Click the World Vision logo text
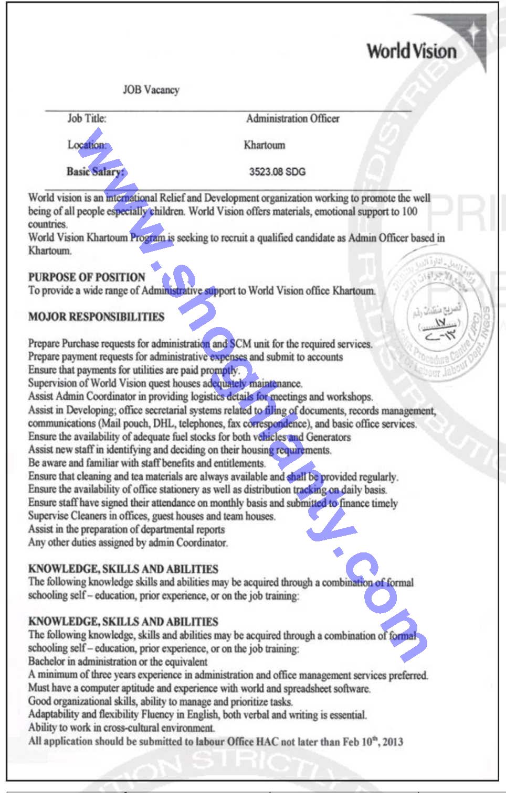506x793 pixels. (412, 51)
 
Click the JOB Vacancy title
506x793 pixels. (151, 90)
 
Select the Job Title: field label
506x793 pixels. (87, 118)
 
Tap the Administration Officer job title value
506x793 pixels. (293, 119)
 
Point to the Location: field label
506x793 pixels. (87, 145)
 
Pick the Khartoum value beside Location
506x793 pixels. (265, 145)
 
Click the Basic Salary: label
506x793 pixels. (96, 171)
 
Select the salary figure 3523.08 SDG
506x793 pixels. (277, 172)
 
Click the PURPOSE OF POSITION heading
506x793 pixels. (87, 277)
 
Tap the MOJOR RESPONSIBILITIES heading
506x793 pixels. (96, 317)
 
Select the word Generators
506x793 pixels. (328, 437)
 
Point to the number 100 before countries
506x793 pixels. (409, 211)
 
